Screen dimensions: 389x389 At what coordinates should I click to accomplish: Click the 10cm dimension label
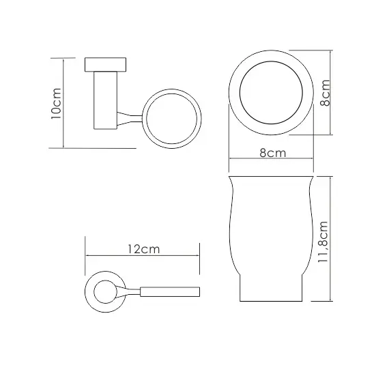pyautogui.click(x=55, y=104)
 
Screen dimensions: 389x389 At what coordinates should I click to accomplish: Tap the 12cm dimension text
pyautogui.click(x=143, y=249)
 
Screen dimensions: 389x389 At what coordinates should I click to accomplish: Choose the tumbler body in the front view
pyautogui.click(x=271, y=225)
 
